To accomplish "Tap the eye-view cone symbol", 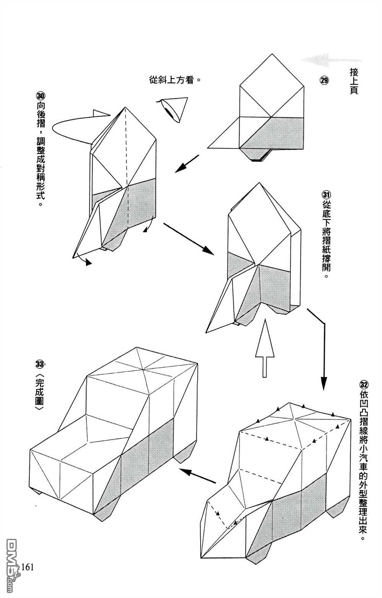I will click(x=174, y=109).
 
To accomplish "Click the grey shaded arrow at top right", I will click(x=330, y=60).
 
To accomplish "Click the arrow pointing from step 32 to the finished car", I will click(x=197, y=475).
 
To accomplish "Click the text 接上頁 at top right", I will click(x=353, y=81).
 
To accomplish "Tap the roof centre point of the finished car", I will click(x=142, y=369).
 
